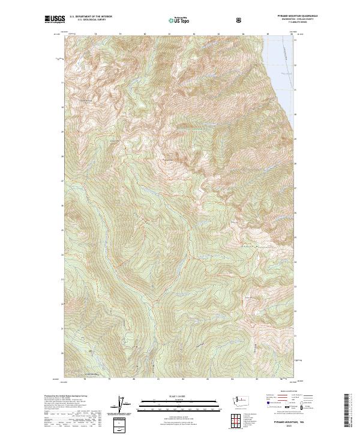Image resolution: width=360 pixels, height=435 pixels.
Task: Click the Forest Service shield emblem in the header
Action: coord(240,20)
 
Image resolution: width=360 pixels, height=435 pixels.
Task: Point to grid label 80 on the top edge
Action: coord(145,34)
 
